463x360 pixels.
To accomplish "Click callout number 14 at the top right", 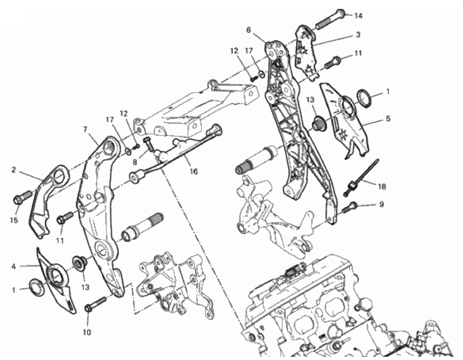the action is coord(358,16).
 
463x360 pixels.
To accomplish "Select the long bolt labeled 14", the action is coord(331,19).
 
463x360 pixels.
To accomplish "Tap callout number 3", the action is coord(358,34).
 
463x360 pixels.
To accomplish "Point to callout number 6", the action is coord(248,30).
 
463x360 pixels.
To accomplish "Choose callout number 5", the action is coord(388,118).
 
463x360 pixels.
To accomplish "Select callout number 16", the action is coord(194,171).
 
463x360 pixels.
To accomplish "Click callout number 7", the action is coord(85,129).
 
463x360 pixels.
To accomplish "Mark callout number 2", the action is coord(13,170).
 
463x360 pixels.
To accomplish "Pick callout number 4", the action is coord(13,267).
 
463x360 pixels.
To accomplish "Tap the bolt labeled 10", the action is coord(95,305).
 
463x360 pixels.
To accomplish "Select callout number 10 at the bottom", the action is coord(86,333).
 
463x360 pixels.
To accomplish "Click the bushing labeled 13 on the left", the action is coord(79,262).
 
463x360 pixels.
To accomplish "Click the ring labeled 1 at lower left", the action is coord(37,287).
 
